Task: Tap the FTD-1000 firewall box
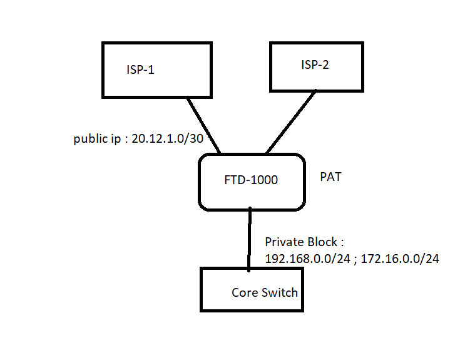[x=252, y=182]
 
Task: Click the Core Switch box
[x=252, y=289]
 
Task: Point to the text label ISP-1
[x=140, y=69]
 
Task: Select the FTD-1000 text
[x=250, y=180]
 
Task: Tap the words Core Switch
[x=265, y=292]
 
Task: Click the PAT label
[x=330, y=177]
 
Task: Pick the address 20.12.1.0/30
[x=167, y=139]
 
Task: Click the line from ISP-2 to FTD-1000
[x=292, y=121]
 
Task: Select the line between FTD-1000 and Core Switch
[x=250, y=239]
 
